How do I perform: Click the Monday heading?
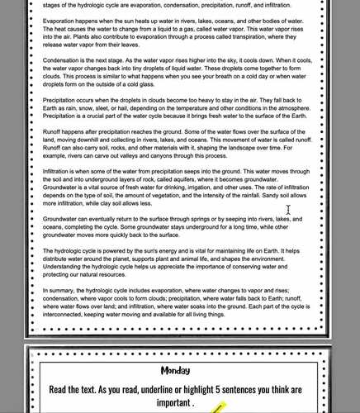point(175,369)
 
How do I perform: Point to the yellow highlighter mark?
point(220,407)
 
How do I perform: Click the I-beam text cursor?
point(288,210)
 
